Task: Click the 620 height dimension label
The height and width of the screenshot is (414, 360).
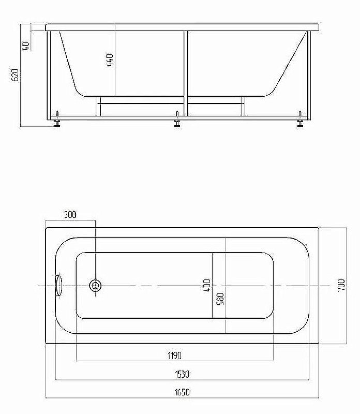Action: click(16, 75)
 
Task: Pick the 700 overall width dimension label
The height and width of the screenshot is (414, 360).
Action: click(341, 286)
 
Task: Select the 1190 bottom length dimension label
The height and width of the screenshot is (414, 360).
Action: click(175, 355)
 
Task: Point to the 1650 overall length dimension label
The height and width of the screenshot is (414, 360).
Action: click(182, 392)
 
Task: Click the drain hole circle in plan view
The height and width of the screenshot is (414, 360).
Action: click(96, 286)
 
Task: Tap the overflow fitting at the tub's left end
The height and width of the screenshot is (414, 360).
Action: click(58, 286)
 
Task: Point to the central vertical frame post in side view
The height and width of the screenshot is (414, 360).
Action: click(185, 72)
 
